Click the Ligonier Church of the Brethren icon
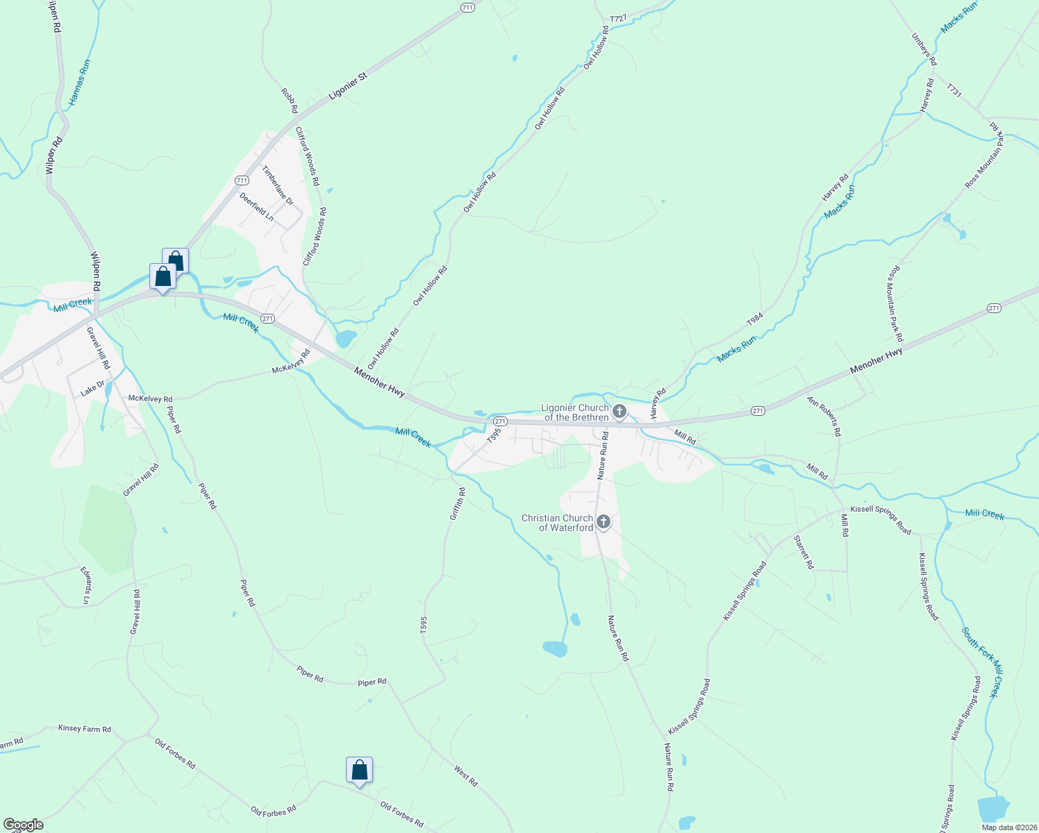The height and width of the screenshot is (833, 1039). pyautogui.click(x=620, y=412)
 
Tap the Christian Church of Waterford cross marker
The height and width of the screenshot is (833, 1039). pyautogui.click(x=604, y=522)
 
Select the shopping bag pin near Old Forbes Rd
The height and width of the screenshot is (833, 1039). pyautogui.click(x=359, y=771)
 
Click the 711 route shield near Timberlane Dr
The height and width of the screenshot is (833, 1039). pyautogui.click(x=242, y=180)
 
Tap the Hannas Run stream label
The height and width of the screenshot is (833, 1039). pyautogui.click(x=79, y=83)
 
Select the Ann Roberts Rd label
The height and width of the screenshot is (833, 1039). pyautogui.click(x=824, y=416)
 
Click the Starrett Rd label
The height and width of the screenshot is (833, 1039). pyautogui.click(x=804, y=552)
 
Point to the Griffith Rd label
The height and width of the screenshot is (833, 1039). pyautogui.click(x=457, y=504)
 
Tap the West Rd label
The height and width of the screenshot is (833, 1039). pyautogui.click(x=466, y=775)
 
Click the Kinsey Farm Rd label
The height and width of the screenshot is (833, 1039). pyautogui.click(x=85, y=729)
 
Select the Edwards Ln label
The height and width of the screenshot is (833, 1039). pyautogui.click(x=85, y=584)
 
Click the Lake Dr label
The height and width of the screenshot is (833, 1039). pyautogui.click(x=92, y=389)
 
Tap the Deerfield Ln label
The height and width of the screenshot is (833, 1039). pyautogui.click(x=256, y=207)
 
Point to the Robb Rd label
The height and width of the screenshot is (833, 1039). pyautogui.click(x=289, y=101)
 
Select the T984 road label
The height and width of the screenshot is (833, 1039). pyautogui.click(x=755, y=319)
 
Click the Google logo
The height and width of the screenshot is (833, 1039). pyautogui.click(x=23, y=825)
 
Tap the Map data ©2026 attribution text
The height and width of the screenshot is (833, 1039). pyautogui.click(x=1007, y=827)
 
